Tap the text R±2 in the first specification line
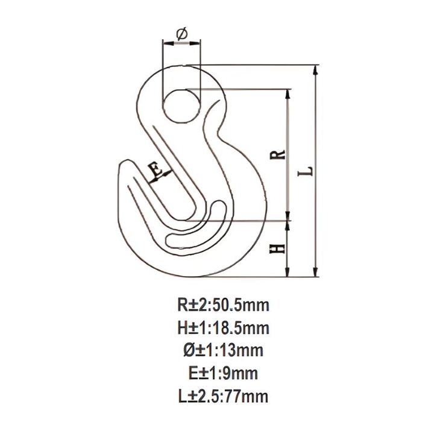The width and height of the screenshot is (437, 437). [189, 306]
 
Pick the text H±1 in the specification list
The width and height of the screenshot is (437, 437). [189, 328]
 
